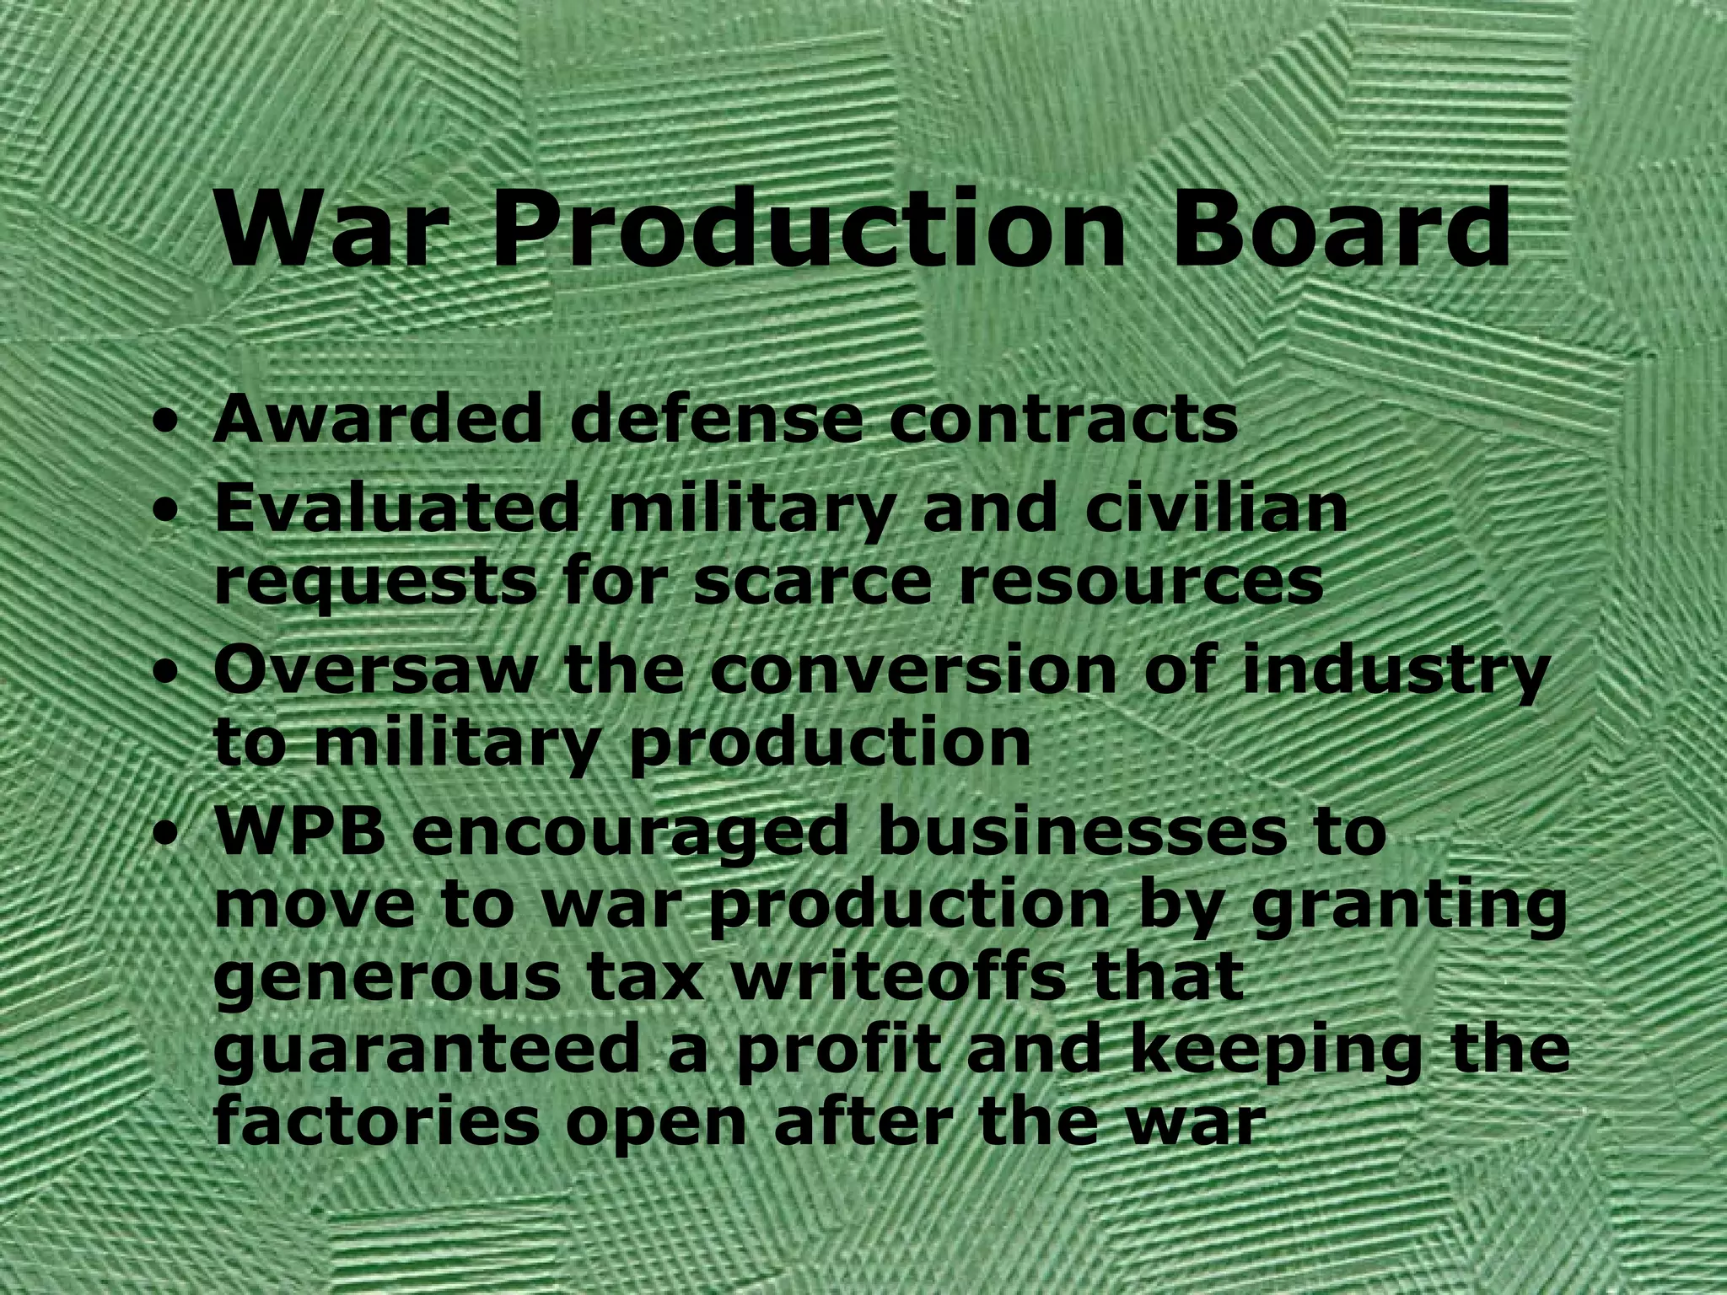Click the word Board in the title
(x=1338, y=228)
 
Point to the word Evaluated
(x=397, y=508)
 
